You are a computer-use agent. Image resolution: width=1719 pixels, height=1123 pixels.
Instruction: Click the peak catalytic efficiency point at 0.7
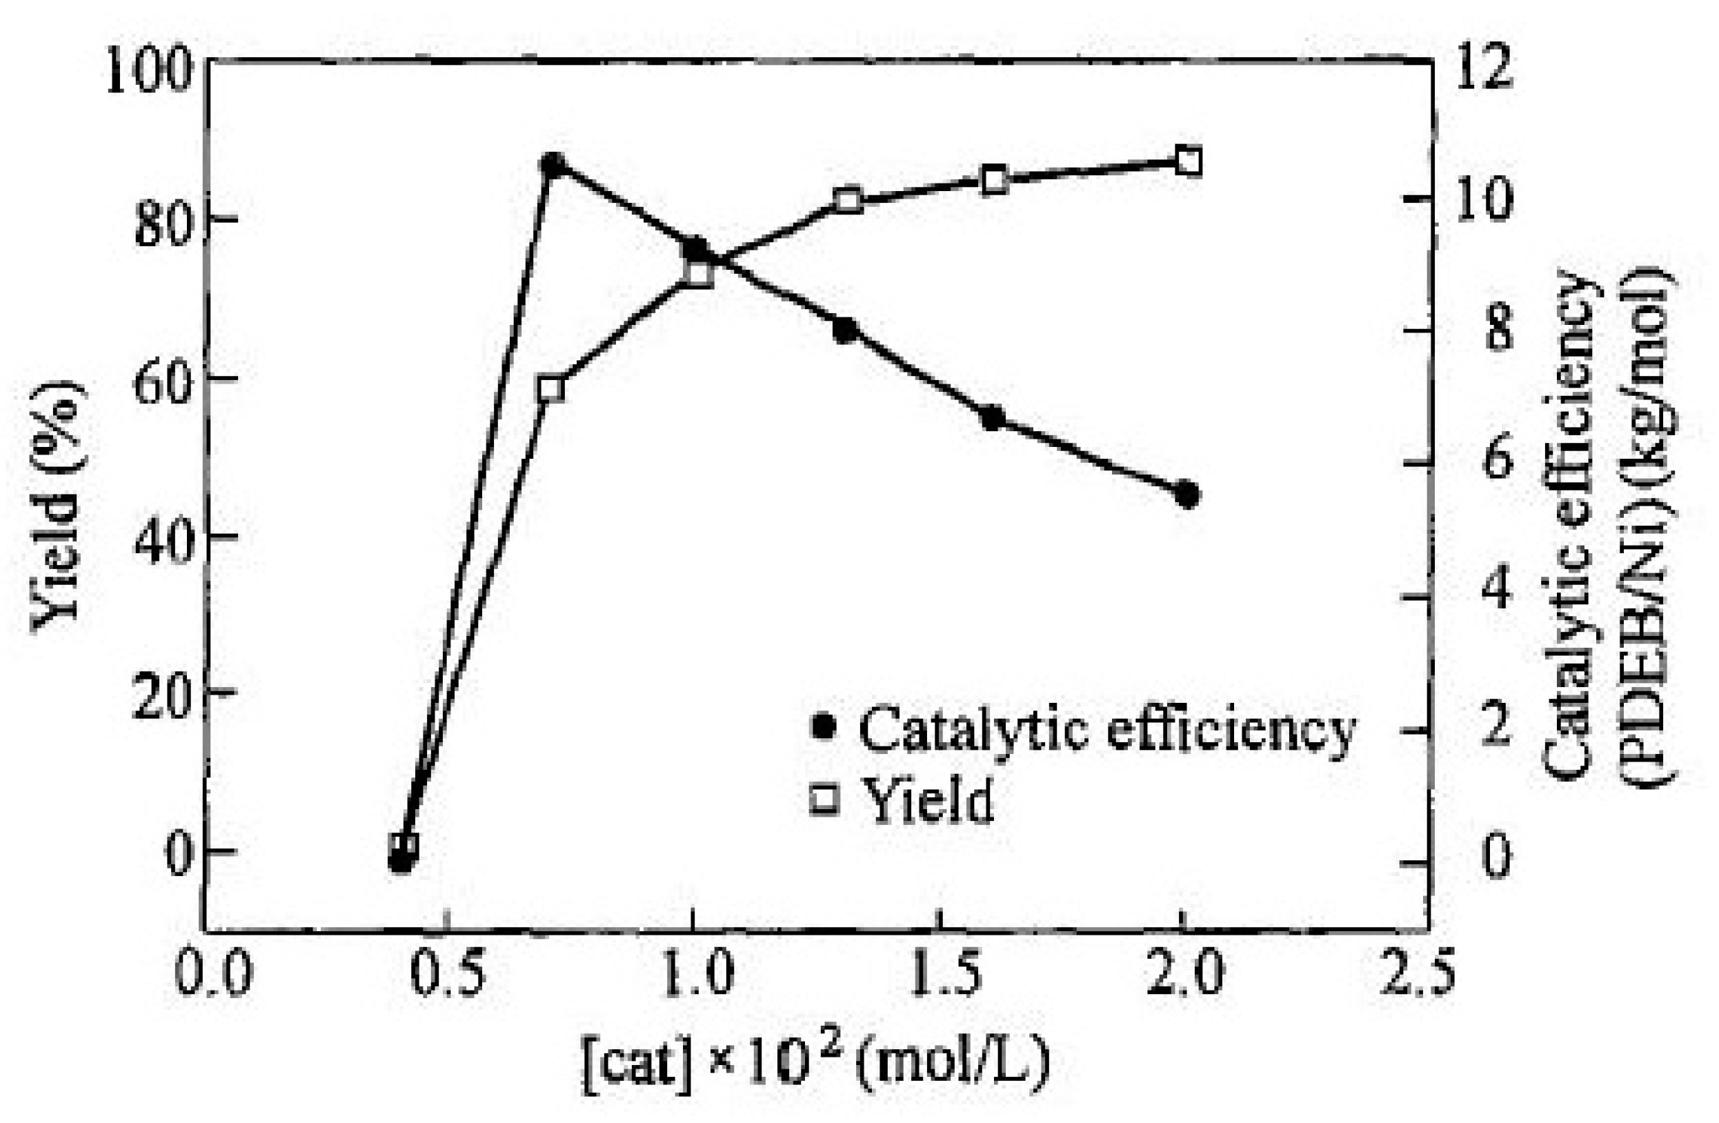coord(553,166)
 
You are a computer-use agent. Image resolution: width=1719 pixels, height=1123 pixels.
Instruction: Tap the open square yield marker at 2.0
coord(1189,162)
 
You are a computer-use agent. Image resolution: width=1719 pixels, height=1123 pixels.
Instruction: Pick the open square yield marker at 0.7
coord(551,389)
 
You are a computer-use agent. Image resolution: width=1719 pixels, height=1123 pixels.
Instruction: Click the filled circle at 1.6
coord(993,418)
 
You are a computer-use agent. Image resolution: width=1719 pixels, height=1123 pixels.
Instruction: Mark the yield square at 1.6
coord(995,180)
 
